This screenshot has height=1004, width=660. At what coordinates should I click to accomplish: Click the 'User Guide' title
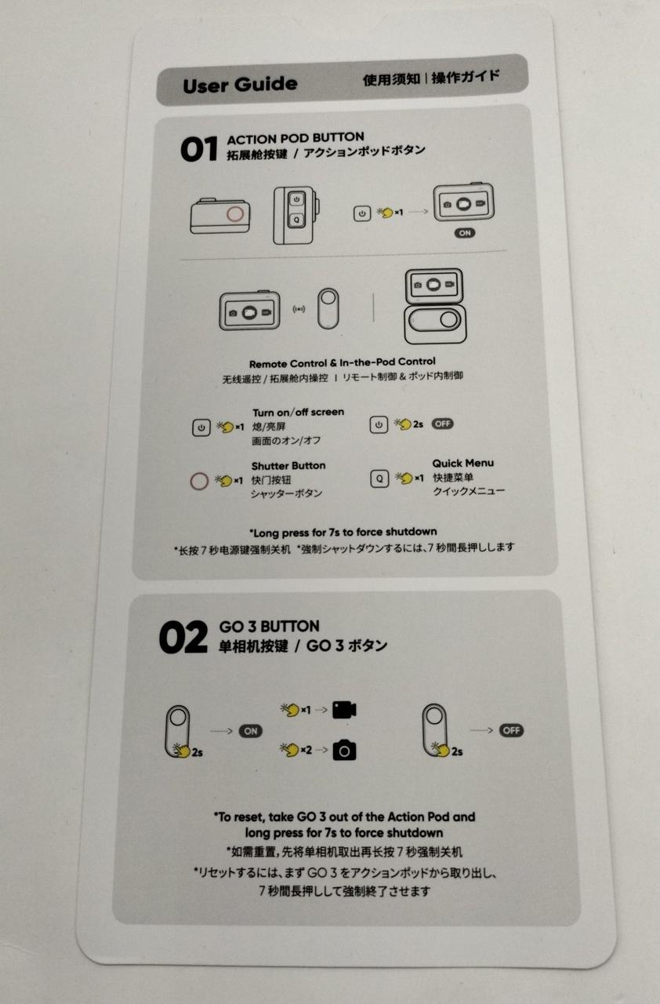(x=240, y=84)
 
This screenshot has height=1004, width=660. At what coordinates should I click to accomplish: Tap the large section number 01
(x=199, y=149)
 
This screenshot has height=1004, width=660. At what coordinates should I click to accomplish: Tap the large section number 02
(x=183, y=637)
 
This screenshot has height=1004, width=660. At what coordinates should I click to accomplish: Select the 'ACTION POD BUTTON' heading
(x=296, y=138)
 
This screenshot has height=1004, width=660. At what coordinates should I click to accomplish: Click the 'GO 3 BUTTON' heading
(x=269, y=626)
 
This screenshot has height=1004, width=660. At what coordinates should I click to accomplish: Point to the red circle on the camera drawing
(x=234, y=214)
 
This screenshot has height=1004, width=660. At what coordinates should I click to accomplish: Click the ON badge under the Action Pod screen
(x=465, y=233)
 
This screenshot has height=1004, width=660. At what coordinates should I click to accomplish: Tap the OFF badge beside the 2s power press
(x=442, y=424)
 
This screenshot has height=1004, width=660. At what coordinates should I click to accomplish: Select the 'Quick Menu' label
(x=463, y=463)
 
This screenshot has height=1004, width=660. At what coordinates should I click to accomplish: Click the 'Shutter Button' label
(x=288, y=466)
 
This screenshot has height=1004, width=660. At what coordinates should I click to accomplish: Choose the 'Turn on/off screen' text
(x=298, y=413)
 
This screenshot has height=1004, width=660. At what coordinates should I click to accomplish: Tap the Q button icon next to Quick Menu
(x=379, y=478)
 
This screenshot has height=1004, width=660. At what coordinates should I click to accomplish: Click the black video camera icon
(x=344, y=710)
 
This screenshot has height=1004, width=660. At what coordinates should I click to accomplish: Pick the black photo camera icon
(x=344, y=751)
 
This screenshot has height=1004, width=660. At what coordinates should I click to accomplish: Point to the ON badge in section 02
(x=250, y=731)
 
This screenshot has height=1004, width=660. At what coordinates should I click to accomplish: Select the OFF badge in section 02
(x=511, y=730)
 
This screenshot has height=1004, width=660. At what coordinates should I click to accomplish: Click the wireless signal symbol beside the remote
(x=299, y=309)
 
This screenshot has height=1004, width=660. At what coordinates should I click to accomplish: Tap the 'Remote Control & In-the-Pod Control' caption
(x=342, y=362)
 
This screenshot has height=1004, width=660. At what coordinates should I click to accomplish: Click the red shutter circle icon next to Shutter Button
(x=199, y=482)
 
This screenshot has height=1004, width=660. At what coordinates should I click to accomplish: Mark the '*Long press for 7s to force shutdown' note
(x=343, y=533)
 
